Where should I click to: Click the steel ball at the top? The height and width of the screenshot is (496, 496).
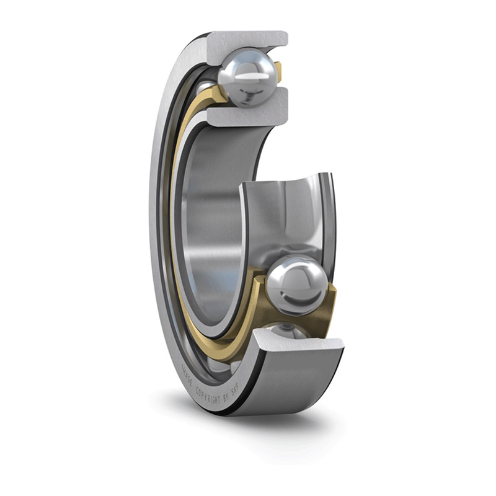click(247, 78)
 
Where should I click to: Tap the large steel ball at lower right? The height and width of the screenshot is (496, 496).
click(296, 285)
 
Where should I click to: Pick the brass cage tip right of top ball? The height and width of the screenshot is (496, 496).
click(278, 71)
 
